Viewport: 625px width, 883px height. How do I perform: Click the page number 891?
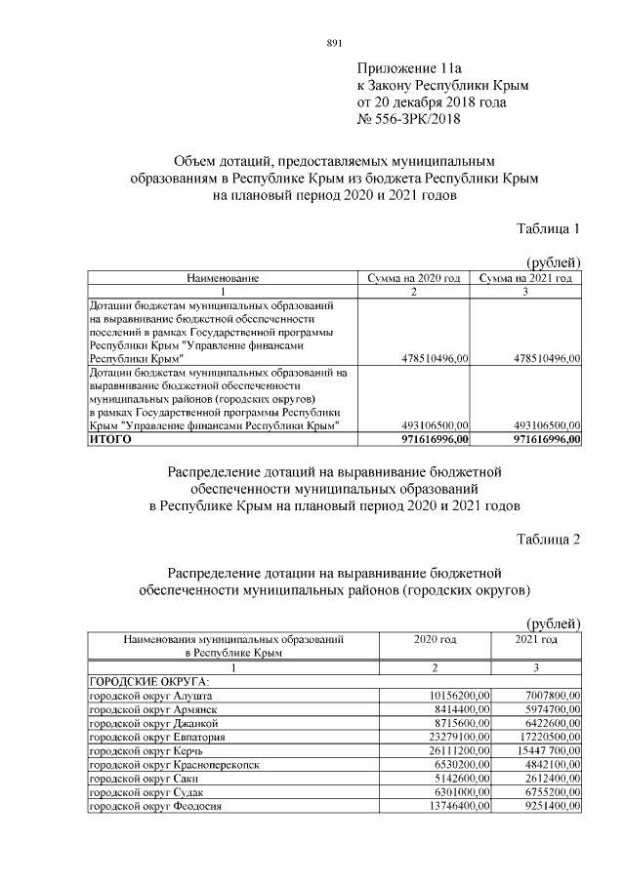333,43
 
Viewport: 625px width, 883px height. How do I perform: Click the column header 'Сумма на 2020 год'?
413,278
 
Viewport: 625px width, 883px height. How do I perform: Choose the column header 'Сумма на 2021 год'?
526,278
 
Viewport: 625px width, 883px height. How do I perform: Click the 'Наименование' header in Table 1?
223,278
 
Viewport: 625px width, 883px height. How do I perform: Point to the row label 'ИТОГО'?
109,440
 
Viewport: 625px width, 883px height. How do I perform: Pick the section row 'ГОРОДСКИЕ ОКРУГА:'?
137,679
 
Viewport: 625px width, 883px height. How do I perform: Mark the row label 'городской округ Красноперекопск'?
174,765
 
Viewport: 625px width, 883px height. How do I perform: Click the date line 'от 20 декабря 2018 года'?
432,102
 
